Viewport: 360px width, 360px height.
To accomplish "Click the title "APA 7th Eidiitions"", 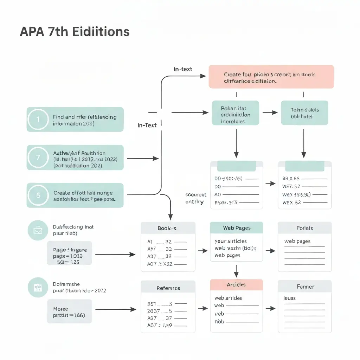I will [75, 32].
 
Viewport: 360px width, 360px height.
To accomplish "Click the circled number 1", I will [38, 120].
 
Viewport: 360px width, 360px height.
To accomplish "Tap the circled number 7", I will [38, 157].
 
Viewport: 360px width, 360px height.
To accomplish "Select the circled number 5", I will [38, 195].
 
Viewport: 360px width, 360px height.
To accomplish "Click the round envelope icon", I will [38, 231].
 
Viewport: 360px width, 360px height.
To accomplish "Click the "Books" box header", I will [168, 228].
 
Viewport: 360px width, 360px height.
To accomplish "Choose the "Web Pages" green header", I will [236, 228].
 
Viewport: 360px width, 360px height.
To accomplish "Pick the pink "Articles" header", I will [236, 284].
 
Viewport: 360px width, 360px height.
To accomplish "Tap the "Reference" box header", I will [168, 288].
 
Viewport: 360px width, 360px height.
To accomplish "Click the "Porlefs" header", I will [304, 228].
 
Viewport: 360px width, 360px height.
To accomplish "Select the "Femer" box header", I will [304, 287].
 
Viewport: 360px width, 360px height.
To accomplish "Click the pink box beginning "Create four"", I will [271, 77].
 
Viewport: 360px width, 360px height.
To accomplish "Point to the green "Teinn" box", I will [304, 113].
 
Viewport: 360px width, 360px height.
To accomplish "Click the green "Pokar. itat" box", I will [236, 113].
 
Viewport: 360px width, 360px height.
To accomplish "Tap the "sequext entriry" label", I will [196, 198].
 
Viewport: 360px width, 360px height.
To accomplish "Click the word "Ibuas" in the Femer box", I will [290, 298].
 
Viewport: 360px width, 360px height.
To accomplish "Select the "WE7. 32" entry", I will [291, 187].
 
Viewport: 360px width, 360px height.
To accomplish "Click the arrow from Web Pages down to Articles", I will [236, 271].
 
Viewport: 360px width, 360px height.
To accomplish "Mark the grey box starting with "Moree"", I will [70, 311].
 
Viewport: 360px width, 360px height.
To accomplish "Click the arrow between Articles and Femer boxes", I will [270, 308].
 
